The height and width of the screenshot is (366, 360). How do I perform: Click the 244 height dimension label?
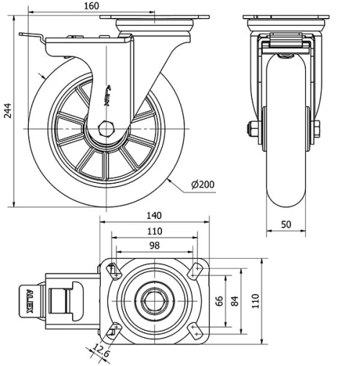point(7,110)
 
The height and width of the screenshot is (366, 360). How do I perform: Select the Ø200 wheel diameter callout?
point(203,184)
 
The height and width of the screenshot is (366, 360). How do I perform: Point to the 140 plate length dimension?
point(153,215)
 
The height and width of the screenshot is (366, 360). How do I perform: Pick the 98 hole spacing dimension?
point(153,246)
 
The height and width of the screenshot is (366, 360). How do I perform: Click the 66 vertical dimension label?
point(219,300)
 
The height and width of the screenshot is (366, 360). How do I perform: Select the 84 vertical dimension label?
point(234,300)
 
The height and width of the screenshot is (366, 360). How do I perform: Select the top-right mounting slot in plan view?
point(194,271)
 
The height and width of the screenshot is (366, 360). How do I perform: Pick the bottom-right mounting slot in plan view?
point(194,329)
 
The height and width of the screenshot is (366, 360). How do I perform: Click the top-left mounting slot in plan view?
point(113,271)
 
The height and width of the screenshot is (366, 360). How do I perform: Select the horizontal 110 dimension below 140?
point(153,231)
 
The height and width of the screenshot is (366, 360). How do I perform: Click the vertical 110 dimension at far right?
point(253,300)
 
